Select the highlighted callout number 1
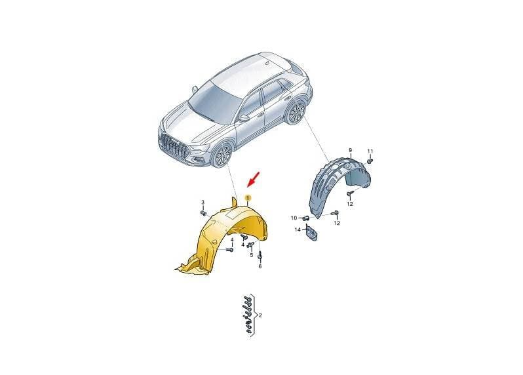(248, 198)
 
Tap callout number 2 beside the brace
(260, 315)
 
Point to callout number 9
(350, 151)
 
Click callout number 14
(298, 229)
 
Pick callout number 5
(252, 255)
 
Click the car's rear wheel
(296, 112)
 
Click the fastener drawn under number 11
(370, 161)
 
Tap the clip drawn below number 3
(203, 213)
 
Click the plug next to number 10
(305, 218)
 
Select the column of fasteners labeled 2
(248, 315)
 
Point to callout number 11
(370, 151)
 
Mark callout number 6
(260, 266)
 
